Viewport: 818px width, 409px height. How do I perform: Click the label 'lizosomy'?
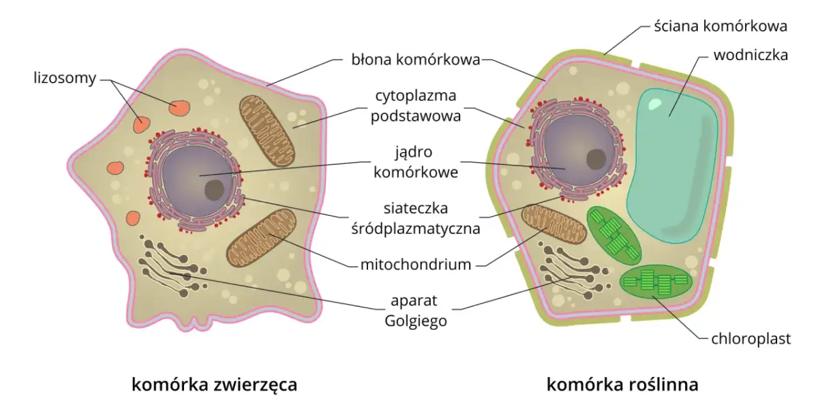pyautogui.click(x=65, y=78)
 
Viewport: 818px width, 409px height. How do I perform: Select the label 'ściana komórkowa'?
pyautogui.click(x=721, y=27)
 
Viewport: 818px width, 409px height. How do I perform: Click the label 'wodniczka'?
pyautogui.click(x=751, y=55)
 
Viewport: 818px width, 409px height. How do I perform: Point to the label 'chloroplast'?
pyautogui.click(x=751, y=339)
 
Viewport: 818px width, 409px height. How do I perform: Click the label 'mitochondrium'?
pyautogui.click(x=416, y=264)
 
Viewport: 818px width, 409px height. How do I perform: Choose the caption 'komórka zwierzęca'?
pyautogui.click(x=215, y=384)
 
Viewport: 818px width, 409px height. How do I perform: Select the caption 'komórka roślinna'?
pyautogui.click(x=622, y=384)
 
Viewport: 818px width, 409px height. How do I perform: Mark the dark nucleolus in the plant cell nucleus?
pyautogui.click(x=597, y=159)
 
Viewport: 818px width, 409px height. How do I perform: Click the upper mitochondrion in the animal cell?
pyautogui.click(x=267, y=129)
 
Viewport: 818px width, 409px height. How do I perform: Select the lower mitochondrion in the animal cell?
pyautogui.click(x=261, y=238)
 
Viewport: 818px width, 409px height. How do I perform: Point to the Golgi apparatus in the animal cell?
pyautogui.click(x=170, y=267)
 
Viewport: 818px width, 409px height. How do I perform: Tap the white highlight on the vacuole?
pyautogui.click(x=655, y=104)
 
